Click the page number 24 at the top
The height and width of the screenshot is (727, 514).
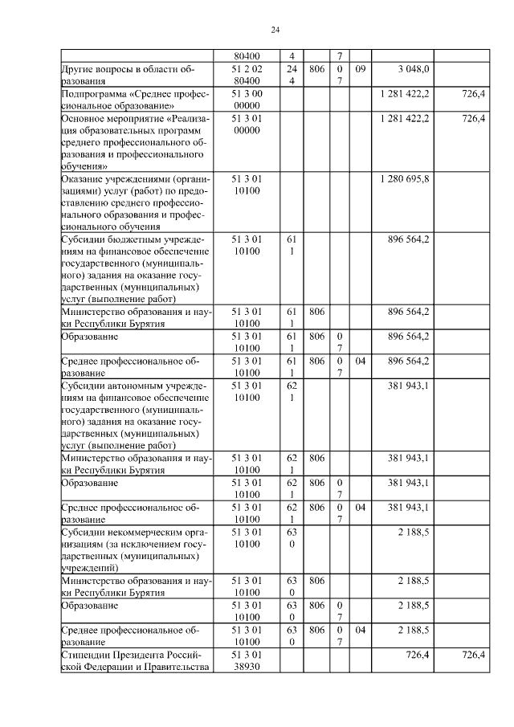(x=275, y=31)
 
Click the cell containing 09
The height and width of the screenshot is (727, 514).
(x=360, y=70)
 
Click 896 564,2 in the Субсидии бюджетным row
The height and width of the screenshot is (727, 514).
(x=408, y=239)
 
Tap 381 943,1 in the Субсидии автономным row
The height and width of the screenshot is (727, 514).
(x=408, y=386)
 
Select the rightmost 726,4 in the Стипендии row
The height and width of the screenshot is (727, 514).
(x=474, y=656)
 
